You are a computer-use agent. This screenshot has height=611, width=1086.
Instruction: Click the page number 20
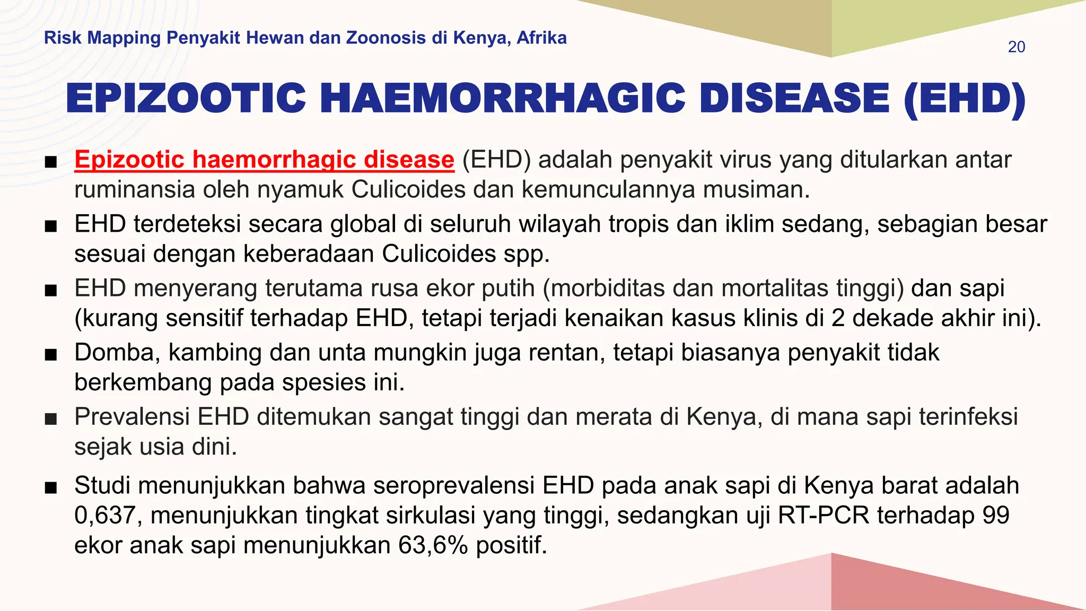coord(1016,47)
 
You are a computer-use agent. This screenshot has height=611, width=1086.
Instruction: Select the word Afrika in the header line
coord(541,38)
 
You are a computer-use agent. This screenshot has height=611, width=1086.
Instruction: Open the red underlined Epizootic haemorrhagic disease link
coord(264,160)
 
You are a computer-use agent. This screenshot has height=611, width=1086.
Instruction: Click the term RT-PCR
coord(824,516)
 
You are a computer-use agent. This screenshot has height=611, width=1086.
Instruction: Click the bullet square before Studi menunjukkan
coord(51,487)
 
